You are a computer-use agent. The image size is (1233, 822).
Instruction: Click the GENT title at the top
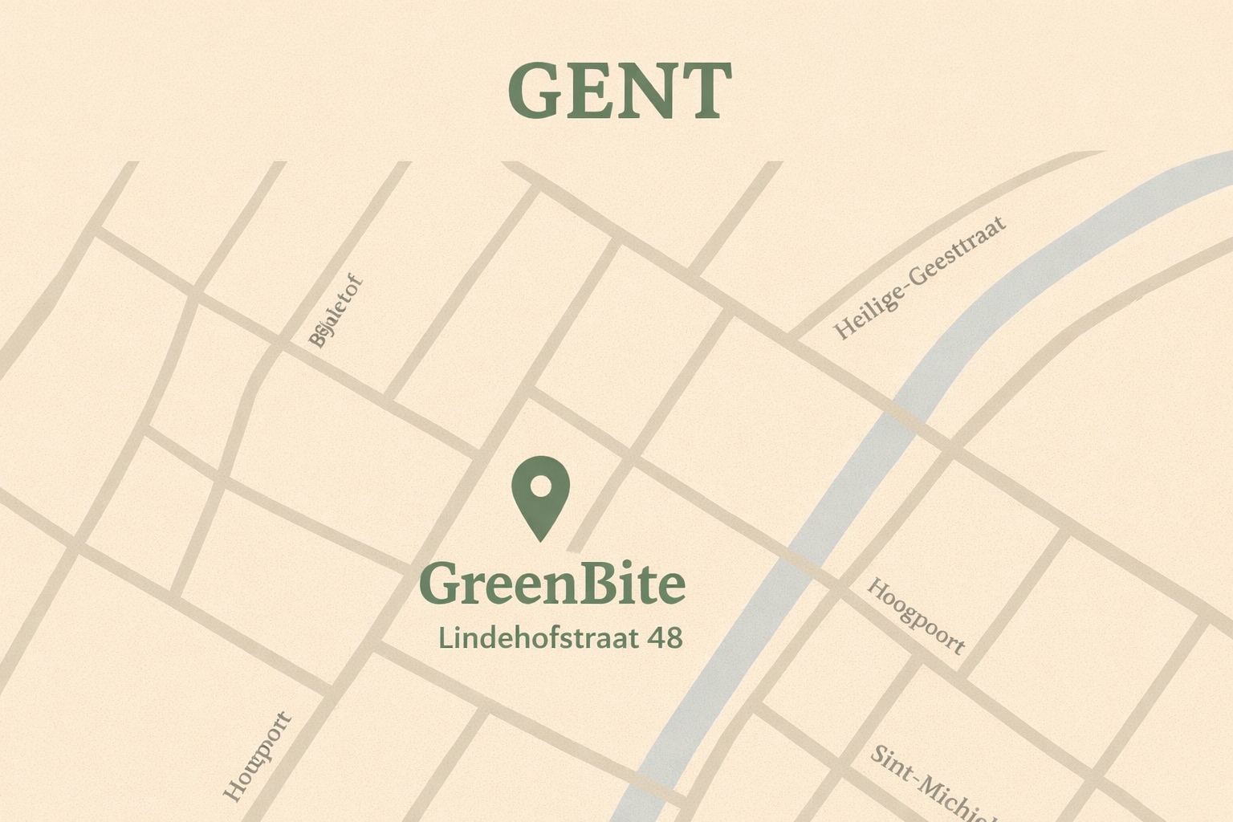(619, 91)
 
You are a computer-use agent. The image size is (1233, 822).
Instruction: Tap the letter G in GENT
(534, 91)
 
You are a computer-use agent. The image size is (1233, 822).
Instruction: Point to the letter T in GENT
(702, 92)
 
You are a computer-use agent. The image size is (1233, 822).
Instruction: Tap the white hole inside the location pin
(540, 486)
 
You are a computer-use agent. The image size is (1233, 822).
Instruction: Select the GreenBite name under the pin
(552, 584)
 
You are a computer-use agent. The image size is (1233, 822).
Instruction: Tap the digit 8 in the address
(673, 638)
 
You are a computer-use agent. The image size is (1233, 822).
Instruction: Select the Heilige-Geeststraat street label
(920, 276)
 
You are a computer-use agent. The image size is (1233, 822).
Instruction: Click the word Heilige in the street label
(868, 309)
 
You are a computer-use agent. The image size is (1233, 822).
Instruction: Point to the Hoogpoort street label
(916, 616)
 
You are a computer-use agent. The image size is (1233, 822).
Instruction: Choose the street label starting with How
(257, 756)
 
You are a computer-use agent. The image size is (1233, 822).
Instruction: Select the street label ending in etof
(336, 311)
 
